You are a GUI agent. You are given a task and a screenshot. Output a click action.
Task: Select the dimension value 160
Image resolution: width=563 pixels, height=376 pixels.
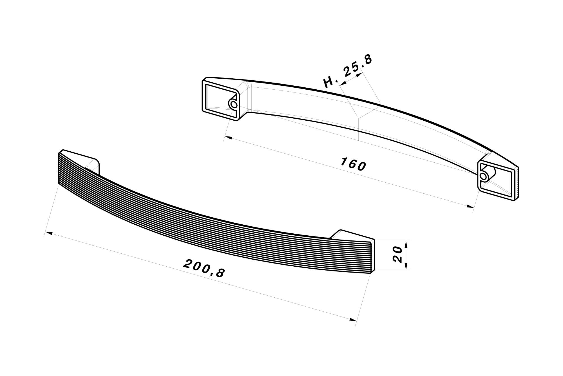(x=353, y=164)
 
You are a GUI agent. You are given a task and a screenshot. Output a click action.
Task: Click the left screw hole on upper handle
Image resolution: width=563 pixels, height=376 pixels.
(x=233, y=104)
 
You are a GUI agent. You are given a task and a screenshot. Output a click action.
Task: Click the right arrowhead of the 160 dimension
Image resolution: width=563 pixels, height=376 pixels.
(x=470, y=207)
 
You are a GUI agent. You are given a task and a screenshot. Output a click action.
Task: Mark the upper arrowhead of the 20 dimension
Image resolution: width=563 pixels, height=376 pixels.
(x=406, y=244)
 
